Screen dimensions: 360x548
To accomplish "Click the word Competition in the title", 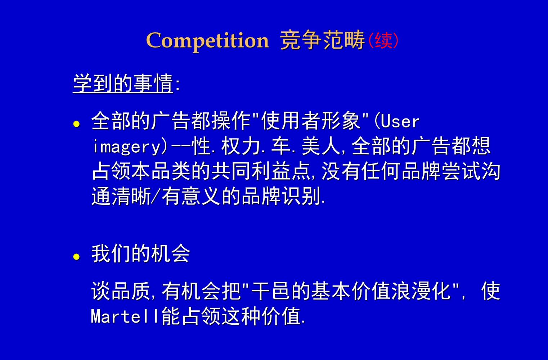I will (x=207, y=40).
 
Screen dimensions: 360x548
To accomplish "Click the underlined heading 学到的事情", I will (x=123, y=83).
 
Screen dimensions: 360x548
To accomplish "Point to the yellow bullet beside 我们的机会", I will (x=76, y=257).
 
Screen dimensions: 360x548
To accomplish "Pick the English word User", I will (x=400, y=121).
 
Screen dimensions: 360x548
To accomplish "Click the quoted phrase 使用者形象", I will (x=310, y=121).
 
